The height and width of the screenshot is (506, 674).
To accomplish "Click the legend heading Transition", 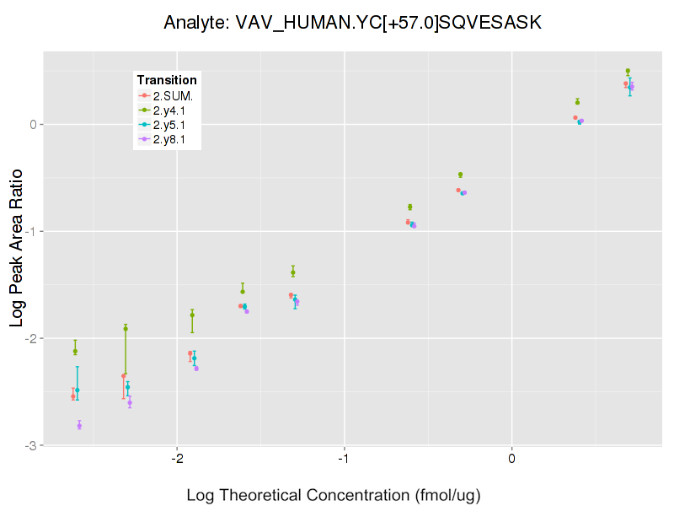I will point(167,80).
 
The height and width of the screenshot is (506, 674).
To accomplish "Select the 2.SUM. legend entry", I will point(173,95).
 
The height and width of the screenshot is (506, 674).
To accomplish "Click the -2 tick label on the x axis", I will point(176,459).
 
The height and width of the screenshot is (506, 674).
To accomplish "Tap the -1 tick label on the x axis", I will point(344,459).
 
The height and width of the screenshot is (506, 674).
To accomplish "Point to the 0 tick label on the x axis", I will point(512,459).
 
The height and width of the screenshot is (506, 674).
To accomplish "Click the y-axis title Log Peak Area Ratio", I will point(16,245).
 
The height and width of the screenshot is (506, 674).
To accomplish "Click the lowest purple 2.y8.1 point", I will point(79,425).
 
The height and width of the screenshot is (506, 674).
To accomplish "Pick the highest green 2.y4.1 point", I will point(628,71).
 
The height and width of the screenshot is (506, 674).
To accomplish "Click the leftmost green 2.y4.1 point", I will point(75,351).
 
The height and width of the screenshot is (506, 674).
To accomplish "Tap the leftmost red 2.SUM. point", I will point(73,396).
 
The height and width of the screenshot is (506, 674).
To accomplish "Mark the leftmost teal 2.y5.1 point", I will point(78,390).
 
